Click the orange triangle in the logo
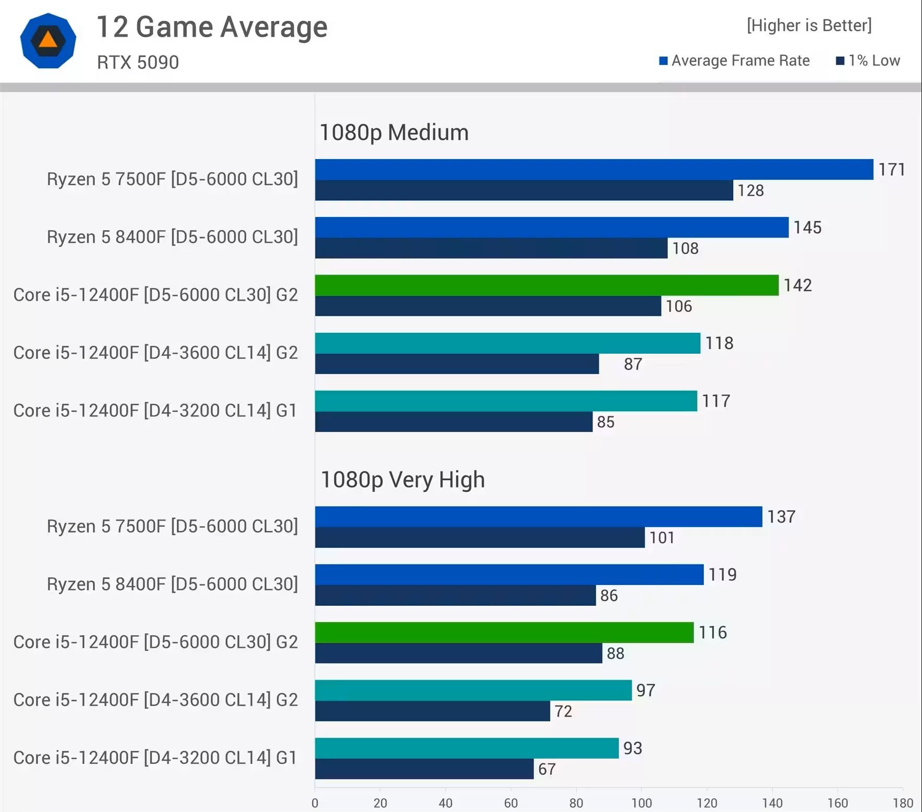coord(48,40)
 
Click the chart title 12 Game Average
coord(212,27)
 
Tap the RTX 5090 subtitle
coord(138,62)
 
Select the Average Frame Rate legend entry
coord(734,61)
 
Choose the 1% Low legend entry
coord(868,61)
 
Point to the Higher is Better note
coord(809,25)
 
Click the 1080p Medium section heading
coord(394,132)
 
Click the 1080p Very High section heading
coord(402,480)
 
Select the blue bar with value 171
coord(594,170)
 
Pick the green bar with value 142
coord(547,285)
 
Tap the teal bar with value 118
coord(507,343)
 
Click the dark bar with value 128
coord(523,190)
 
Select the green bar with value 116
coord(504,633)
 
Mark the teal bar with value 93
coord(466,748)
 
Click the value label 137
coord(781,517)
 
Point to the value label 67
coord(547,769)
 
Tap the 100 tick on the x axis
coord(641,803)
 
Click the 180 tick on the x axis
coord(903,803)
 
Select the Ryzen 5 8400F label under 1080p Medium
coord(172,237)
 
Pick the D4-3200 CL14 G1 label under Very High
coord(155,758)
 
